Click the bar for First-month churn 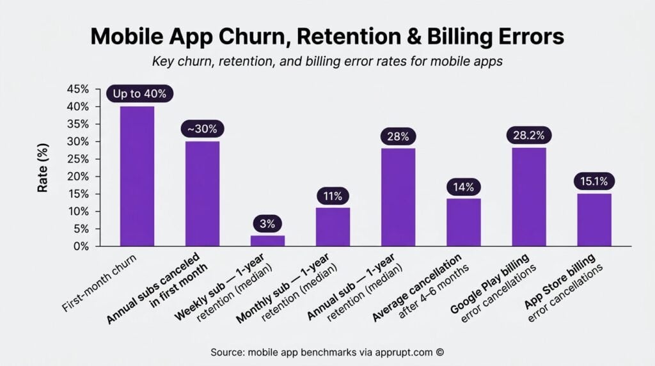click(137, 176)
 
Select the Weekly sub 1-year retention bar click(267, 241)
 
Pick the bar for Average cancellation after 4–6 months click(463, 222)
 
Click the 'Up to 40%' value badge click(139, 93)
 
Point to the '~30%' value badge click(202, 129)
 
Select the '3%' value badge click(267, 223)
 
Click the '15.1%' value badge click(594, 182)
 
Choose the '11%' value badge click(333, 196)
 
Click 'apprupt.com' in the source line click(404, 352)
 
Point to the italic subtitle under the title click(327, 62)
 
